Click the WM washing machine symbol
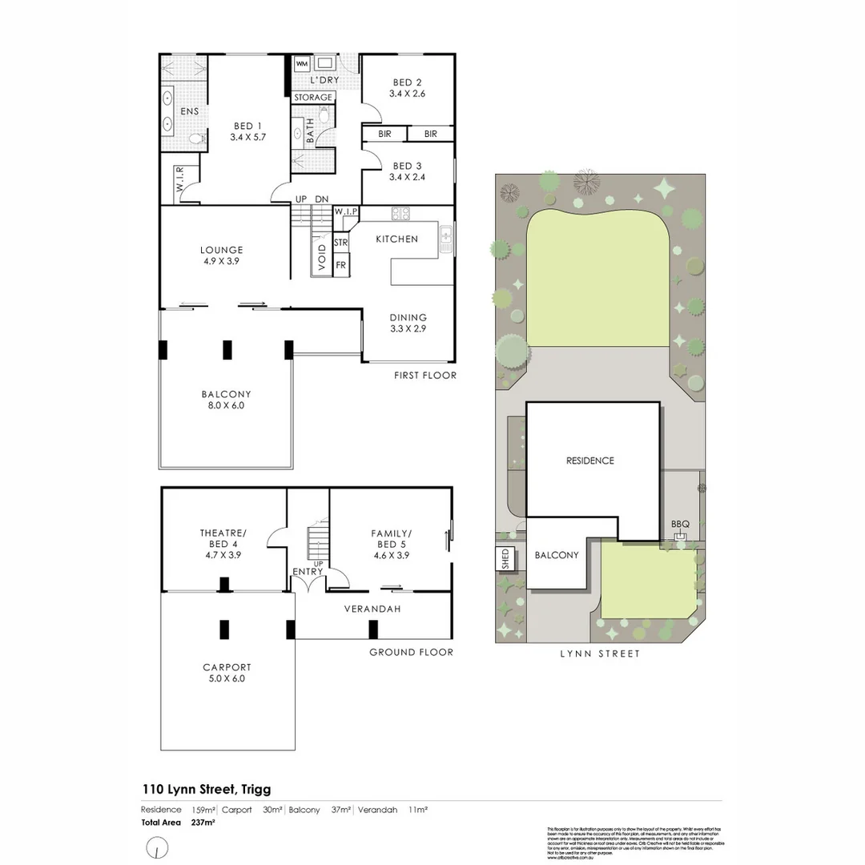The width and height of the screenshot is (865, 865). [302, 63]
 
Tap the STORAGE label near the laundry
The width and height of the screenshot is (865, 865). [312, 97]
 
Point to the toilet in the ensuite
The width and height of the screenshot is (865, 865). [194, 139]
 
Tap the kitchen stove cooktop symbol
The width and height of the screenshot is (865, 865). [400, 213]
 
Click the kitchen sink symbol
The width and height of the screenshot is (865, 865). [445, 238]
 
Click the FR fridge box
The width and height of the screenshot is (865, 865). [341, 265]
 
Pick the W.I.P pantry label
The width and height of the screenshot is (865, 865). [346, 211]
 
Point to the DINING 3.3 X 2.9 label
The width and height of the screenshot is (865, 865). [408, 323]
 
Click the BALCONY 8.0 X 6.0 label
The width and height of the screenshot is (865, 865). [226, 400]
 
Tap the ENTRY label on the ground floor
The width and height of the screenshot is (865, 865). [308, 571]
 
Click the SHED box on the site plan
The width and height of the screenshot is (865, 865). [505, 557]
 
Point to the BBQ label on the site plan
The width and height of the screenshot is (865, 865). [680, 525]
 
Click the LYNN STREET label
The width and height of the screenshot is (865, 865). [601, 654]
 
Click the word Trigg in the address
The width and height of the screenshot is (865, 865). [253, 790]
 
